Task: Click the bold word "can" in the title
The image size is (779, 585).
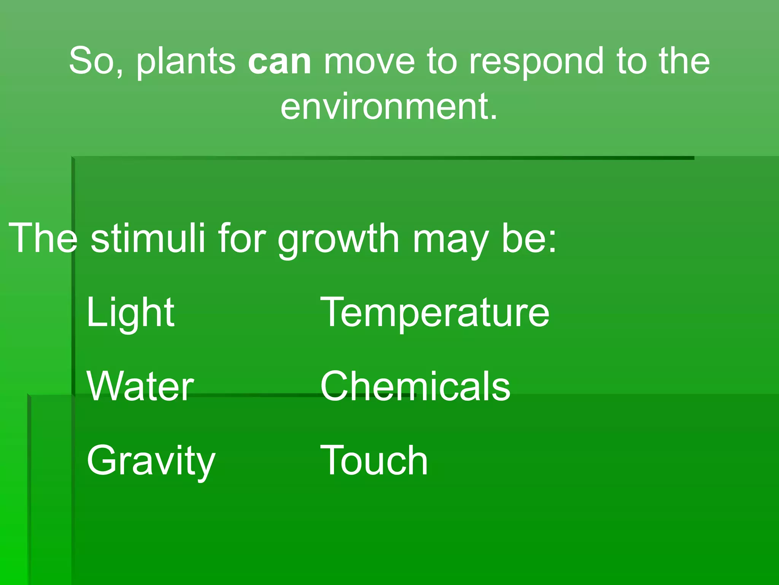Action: click(280, 61)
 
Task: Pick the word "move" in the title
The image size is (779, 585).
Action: click(369, 61)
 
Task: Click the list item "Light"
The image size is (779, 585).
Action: click(130, 313)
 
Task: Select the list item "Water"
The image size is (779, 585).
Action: click(140, 387)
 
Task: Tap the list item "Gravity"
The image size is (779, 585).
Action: click(151, 461)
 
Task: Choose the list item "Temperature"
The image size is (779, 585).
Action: click(435, 313)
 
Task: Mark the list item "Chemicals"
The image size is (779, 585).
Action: click(415, 387)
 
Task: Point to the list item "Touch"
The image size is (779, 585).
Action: click(374, 460)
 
